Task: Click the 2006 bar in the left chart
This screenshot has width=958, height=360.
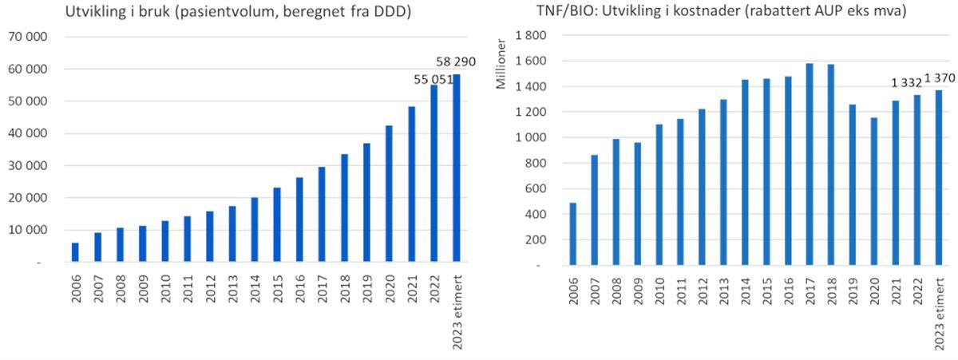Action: (75, 252)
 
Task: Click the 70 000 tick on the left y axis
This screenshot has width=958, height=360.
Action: (29, 38)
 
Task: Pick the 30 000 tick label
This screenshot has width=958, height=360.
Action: (29, 166)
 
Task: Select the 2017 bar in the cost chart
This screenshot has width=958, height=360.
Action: (810, 164)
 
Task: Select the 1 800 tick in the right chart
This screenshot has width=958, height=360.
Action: (533, 36)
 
